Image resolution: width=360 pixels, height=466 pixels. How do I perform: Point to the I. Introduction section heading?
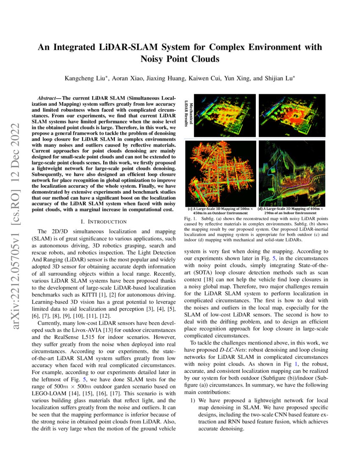pyautogui.click(x=103, y=222)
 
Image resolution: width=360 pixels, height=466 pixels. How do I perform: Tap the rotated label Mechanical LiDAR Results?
pyautogui.click(x=188, y=114)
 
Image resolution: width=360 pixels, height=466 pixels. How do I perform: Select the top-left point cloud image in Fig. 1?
pyautogui.click(x=224, y=115)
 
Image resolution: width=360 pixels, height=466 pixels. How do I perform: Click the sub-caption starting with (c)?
pyautogui.click(x=220, y=211)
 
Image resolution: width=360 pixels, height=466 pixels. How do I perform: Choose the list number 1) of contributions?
pyautogui.click(x=192, y=399)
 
